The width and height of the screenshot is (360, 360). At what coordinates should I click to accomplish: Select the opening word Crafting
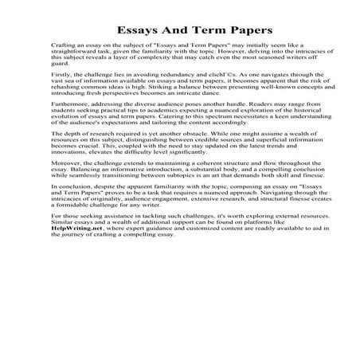(x=61, y=49)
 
